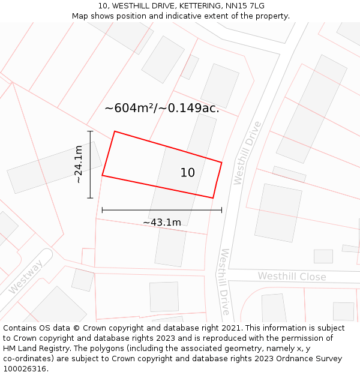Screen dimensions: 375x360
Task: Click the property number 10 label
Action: click(x=187, y=173)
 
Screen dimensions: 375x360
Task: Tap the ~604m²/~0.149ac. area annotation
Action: click(x=162, y=109)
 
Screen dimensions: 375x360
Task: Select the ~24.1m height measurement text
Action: click(x=79, y=164)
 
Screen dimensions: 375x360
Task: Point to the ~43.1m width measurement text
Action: click(x=161, y=223)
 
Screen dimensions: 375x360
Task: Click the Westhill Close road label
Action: click(x=292, y=277)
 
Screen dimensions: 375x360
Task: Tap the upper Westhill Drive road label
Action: click(x=247, y=153)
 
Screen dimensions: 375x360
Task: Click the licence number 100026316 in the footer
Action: click(x=25, y=369)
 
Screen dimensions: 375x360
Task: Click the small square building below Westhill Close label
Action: click(x=343, y=311)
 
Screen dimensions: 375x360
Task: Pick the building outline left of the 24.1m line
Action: click(x=54, y=167)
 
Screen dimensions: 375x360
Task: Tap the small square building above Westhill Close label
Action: click(x=323, y=256)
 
